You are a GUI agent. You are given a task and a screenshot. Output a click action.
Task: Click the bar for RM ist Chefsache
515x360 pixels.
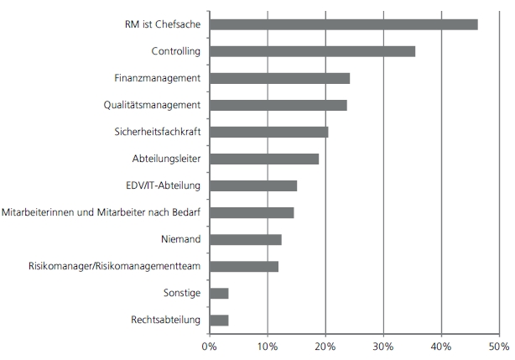[343, 24]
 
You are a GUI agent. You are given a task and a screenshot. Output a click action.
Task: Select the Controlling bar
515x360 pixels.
[312, 51]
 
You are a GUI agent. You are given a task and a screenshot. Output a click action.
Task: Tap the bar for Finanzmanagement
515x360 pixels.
[279, 78]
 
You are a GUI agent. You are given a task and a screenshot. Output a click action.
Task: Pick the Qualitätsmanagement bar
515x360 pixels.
[278, 105]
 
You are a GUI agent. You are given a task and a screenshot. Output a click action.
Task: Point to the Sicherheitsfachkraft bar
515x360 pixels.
[268, 132]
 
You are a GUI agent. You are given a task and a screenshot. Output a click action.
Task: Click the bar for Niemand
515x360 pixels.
[245, 239]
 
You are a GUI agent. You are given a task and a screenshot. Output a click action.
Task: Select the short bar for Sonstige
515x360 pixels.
[219, 293]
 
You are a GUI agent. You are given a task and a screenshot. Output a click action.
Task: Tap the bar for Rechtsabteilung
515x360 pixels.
[219, 320]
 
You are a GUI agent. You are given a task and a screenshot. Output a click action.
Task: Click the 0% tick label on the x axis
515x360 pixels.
[210, 345]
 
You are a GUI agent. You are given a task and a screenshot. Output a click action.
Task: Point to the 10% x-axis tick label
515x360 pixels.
[267, 345]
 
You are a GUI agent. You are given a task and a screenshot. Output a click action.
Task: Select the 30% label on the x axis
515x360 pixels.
[382, 345]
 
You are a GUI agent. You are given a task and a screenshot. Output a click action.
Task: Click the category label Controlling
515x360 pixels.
[175, 51]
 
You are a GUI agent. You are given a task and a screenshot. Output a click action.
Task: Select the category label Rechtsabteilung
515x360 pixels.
[165, 320]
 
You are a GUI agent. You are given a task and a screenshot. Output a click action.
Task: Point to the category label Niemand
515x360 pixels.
[180, 239]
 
